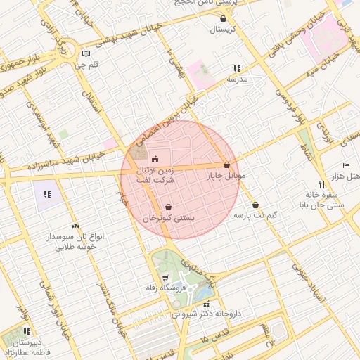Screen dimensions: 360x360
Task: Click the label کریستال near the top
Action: (224, 30)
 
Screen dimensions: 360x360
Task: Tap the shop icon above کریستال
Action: (224, 19)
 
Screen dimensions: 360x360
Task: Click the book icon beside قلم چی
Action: (86, 53)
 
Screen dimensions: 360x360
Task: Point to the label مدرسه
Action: (237, 80)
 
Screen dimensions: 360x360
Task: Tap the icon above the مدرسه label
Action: (237, 69)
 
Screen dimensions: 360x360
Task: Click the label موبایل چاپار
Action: (226, 176)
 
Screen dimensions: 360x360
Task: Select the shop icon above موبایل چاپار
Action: (226, 165)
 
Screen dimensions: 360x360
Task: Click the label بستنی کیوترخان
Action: (169, 219)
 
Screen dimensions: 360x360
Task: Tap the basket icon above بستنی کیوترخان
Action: (169, 207)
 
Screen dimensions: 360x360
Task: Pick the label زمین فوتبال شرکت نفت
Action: (154, 176)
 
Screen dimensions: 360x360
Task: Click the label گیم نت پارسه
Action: (255, 214)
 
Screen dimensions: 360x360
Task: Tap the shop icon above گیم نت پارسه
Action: (255, 204)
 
